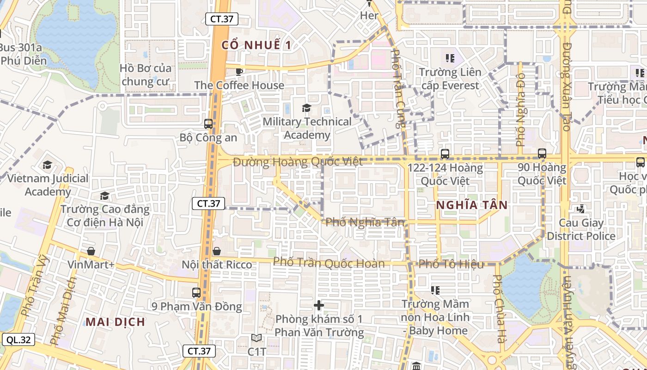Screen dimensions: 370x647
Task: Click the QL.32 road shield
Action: tap(18, 340)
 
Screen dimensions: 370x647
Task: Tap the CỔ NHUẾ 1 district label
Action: tap(256, 45)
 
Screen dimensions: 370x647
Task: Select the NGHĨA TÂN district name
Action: tap(472, 205)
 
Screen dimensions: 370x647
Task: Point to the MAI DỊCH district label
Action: tap(116, 321)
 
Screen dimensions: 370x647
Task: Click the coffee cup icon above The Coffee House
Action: tap(239, 71)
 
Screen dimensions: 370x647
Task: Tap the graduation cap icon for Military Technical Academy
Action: tap(306, 108)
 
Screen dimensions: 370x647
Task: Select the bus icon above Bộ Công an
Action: tap(208, 124)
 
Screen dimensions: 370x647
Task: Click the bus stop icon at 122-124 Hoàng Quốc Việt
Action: tap(445, 154)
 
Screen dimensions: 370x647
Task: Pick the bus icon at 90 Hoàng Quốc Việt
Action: tap(542, 153)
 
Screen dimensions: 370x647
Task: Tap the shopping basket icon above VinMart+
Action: tap(91, 251)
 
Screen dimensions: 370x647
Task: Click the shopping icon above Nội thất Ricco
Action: tap(216, 251)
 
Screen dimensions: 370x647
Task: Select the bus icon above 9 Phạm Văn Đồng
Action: tap(196, 292)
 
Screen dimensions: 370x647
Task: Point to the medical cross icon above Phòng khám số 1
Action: tap(318, 305)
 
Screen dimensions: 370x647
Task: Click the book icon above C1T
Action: tap(256, 338)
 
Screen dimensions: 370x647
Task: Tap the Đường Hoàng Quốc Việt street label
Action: tap(298, 162)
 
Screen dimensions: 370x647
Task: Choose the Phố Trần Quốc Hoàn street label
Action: tap(329, 263)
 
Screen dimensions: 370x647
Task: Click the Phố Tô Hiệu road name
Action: tap(451, 264)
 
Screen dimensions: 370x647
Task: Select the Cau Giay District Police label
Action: tap(581, 229)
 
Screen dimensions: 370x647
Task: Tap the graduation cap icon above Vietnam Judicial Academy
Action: tap(47, 165)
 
